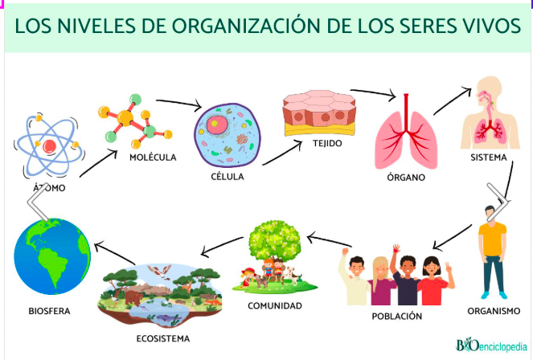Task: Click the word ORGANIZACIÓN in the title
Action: click(245, 27)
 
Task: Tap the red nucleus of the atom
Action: click(50, 146)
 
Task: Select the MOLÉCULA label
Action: click(153, 157)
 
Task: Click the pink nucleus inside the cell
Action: click(216, 125)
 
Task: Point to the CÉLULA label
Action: click(228, 177)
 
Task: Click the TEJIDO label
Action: click(327, 143)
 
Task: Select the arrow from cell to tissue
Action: click(282, 153)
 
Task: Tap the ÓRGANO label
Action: click(406, 177)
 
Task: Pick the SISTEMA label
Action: click(489, 157)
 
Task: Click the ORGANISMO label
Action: click(494, 311)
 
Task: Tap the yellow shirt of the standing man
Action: click(492, 239)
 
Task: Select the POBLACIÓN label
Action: click(396, 316)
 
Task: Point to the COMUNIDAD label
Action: click(275, 305)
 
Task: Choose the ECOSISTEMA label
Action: click(163, 338)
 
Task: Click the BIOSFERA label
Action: click(49, 311)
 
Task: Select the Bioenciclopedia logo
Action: click(491, 345)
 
